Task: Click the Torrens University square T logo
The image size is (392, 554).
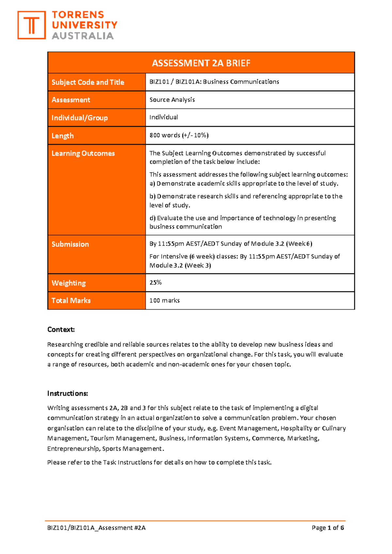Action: (x=31, y=25)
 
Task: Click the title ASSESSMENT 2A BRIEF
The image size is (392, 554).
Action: (x=201, y=63)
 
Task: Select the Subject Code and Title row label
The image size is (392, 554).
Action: (x=88, y=82)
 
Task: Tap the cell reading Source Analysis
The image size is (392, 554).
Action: (x=172, y=100)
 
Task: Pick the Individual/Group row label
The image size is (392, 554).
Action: (x=79, y=118)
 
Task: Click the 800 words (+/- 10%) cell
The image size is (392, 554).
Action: (x=179, y=135)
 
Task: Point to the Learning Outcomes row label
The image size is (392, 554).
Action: (x=83, y=154)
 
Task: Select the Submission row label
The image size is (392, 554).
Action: (x=70, y=244)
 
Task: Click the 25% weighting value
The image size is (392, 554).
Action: (x=155, y=283)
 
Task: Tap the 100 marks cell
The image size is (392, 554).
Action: (x=165, y=301)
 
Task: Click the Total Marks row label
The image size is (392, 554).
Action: (x=71, y=301)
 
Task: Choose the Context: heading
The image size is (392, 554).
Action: (x=61, y=330)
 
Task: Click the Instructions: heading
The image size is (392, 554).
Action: (x=68, y=393)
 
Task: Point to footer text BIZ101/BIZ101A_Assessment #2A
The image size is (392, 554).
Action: (x=96, y=528)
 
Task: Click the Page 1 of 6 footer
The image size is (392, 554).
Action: (x=328, y=528)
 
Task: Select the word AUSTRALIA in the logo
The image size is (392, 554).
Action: (x=83, y=36)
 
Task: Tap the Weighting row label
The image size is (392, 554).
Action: (x=69, y=283)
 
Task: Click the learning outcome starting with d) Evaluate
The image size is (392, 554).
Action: (x=242, y=222)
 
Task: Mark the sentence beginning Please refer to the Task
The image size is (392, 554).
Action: (x=159, y=462)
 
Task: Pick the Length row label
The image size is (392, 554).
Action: (x=62, y=136)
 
